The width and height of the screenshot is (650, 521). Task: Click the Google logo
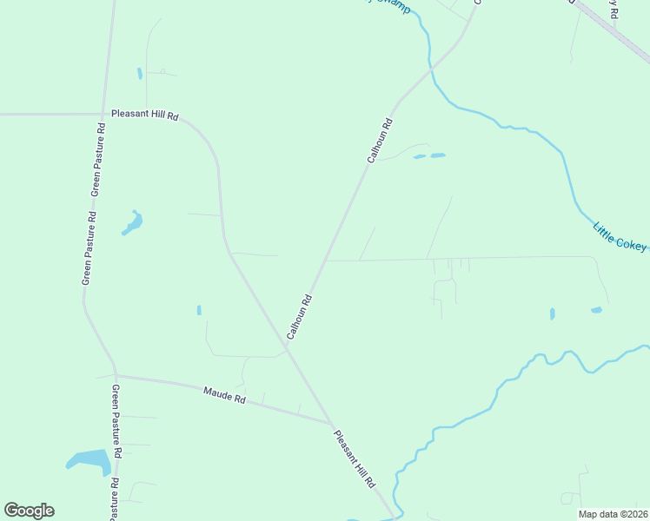pyautogui.click(x=29, y=511)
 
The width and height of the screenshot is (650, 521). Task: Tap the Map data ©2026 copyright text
pyautogui.click(x=613, y=514)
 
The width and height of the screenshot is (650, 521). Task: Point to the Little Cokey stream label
pyautogui.click(x=620, y=236)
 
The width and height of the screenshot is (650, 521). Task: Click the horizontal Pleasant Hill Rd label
pyautogui.click(x=144, y=115)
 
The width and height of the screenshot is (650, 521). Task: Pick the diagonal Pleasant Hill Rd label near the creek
pyautogui.click(x=355, y=457)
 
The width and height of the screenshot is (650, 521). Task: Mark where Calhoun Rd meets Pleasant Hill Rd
pyautogui.click(x=286, y=347)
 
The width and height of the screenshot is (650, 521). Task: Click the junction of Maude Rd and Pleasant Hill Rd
pyautogui.click(x=332, y=424)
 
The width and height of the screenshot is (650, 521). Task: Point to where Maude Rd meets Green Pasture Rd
pyautogui.click(x=115, y=375)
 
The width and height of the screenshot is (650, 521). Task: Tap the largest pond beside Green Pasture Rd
pyautogui.click(x=91, y=459)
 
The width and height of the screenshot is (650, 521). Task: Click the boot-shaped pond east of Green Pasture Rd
pyautogui.click(x=133, y=222)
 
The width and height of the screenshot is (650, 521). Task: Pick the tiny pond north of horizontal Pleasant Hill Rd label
pyautogui.click(x=139, y=74)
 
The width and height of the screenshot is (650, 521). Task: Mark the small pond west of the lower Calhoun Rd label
pyautogui.click(x=199, y=310)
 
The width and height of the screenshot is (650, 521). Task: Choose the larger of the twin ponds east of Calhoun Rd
pyautogui.click(x=437, y=155)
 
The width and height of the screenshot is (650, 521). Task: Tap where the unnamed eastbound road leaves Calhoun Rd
pyautogui.click(x=326, y=260)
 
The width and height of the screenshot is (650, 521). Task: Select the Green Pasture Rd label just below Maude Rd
pyautogui.click(x=114, y=411)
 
